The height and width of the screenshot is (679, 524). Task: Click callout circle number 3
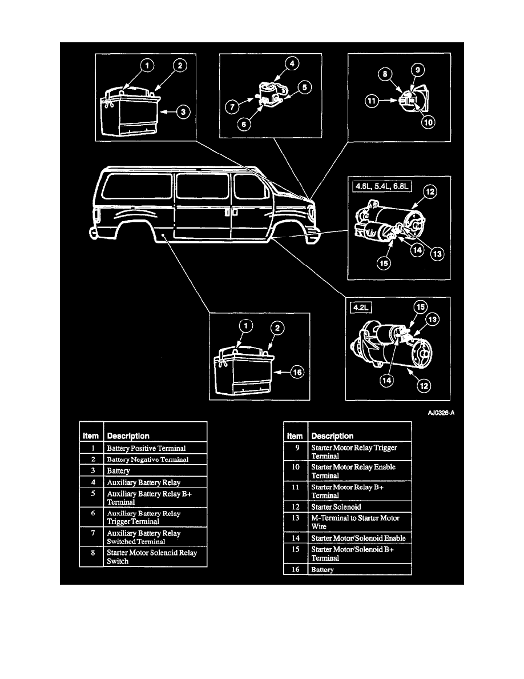click(182, 113)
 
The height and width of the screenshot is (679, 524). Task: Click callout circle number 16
click(296, 373)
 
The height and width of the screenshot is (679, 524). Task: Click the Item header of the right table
click(295, 436)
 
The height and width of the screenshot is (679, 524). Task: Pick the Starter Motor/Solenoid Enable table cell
click(360, 538)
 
